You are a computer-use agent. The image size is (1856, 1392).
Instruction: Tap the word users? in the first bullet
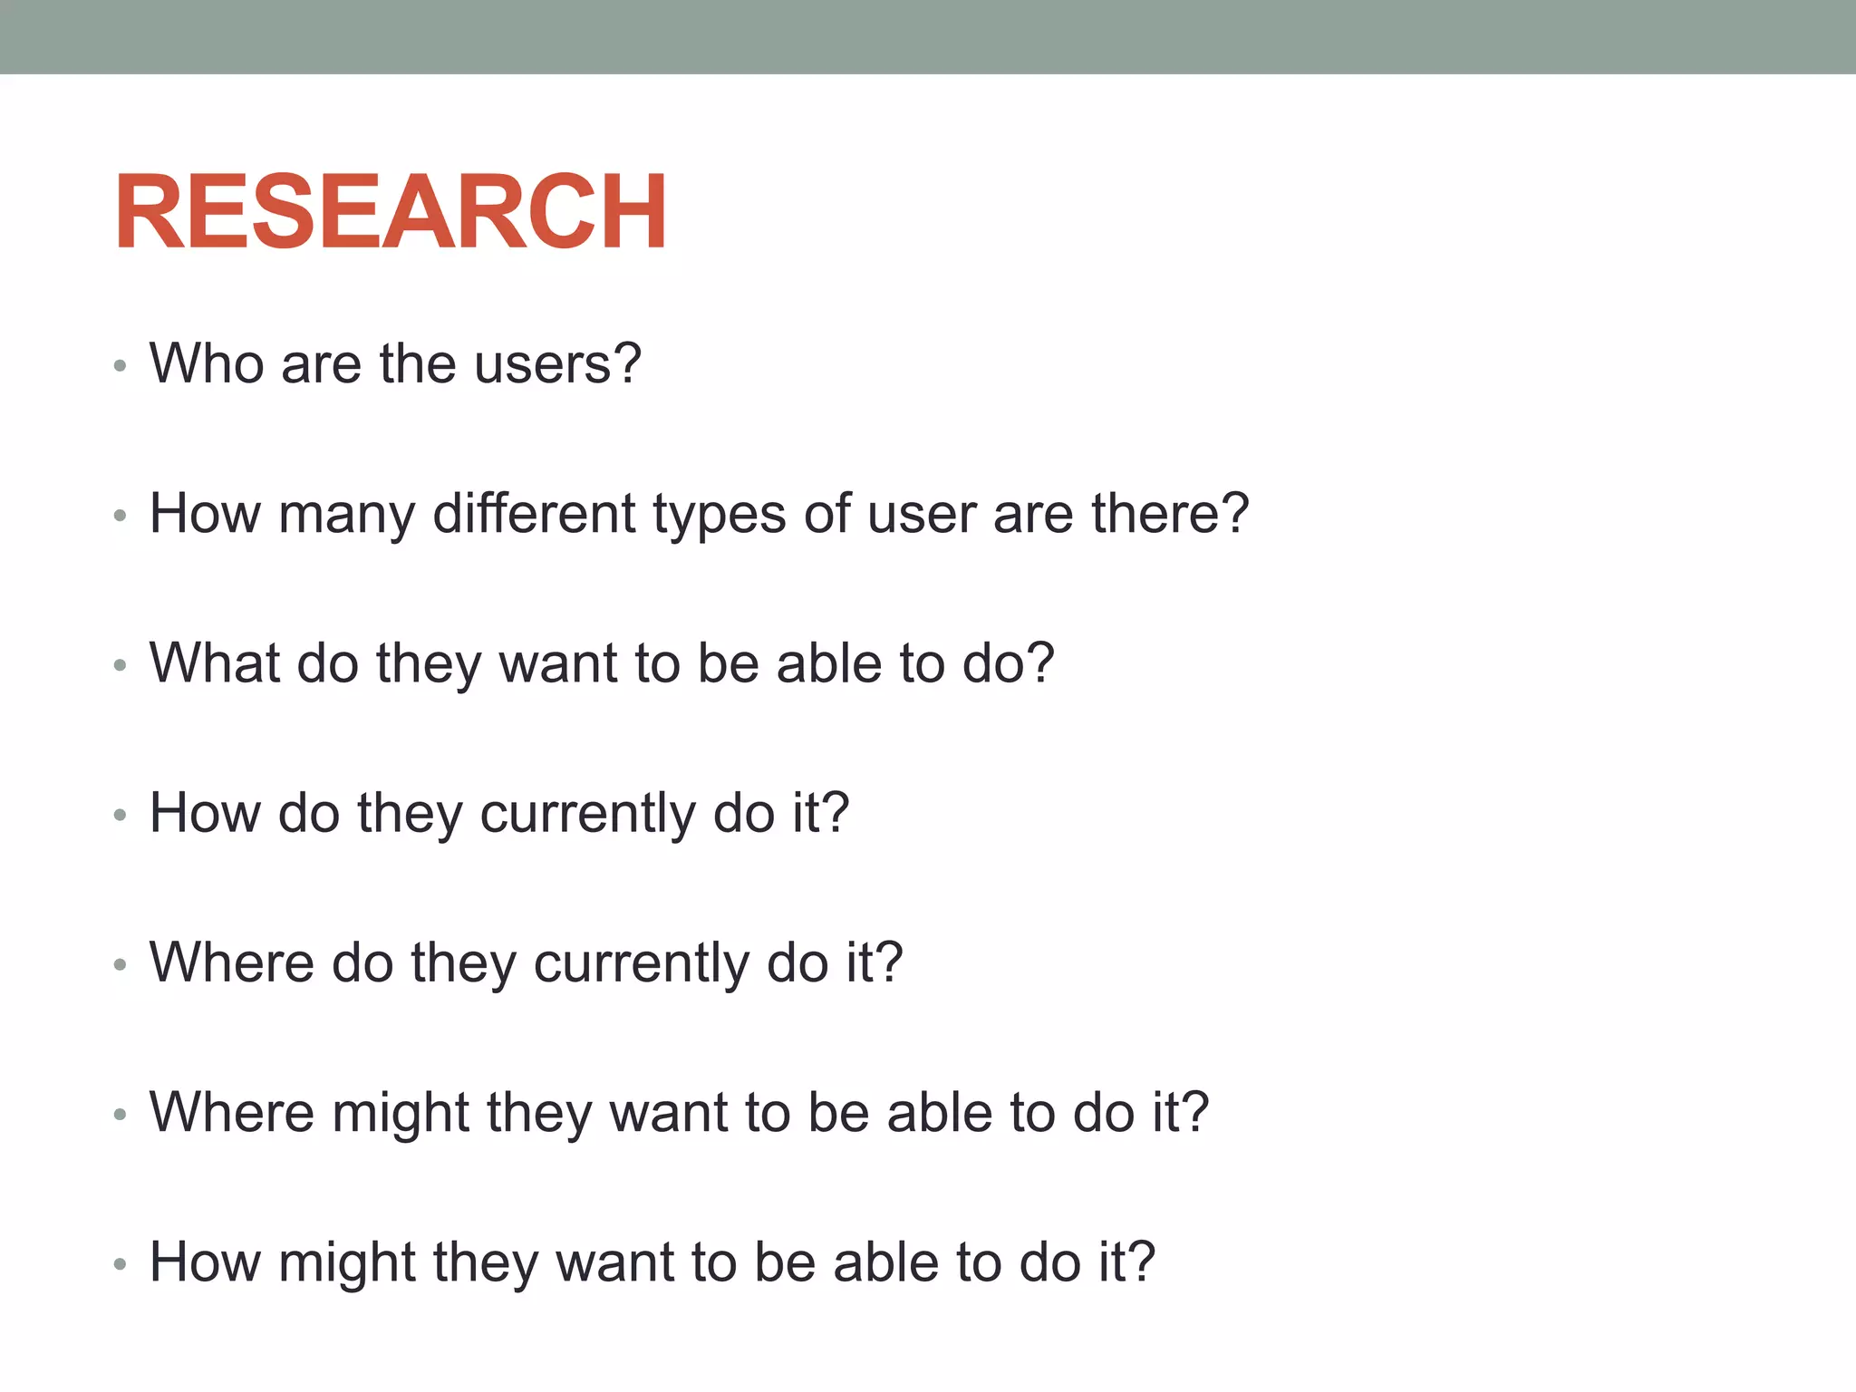pos(557,363)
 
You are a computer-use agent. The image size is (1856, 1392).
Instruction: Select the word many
pos(347,515)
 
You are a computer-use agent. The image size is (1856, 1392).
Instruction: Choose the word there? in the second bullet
pos(1170,513)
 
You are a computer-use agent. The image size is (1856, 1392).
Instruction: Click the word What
pos(214,662)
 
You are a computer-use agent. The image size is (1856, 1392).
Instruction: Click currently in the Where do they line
pos(642,962)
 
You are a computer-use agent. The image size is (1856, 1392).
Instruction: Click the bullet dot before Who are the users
pos(120,366)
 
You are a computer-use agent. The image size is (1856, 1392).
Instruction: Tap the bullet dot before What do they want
pos(120,666)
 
